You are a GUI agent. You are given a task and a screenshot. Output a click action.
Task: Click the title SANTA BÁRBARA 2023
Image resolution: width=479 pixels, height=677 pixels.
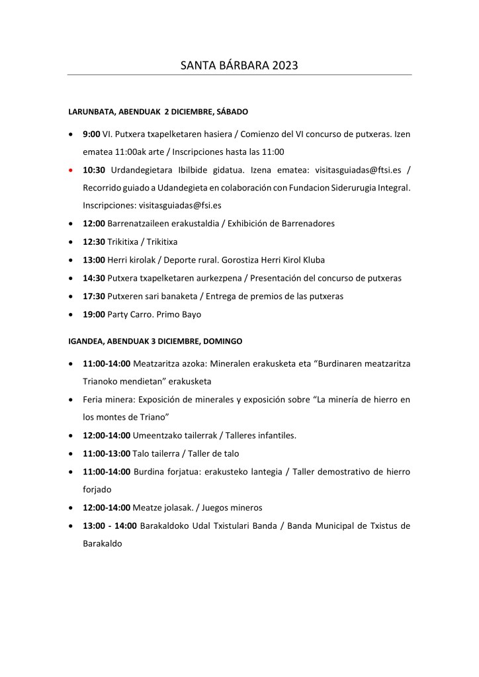239,66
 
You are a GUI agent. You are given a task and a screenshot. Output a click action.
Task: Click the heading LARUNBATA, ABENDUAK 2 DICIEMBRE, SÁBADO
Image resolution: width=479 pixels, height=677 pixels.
158,112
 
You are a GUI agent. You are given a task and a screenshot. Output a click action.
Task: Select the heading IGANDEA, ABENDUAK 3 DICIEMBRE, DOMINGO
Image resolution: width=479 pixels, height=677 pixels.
155,341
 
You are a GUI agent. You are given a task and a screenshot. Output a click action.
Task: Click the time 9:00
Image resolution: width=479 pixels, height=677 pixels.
91,134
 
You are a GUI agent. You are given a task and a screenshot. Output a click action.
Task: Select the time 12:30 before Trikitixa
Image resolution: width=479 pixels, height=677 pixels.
94,242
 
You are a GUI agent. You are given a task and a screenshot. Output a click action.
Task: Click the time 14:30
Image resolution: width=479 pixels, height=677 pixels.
94,277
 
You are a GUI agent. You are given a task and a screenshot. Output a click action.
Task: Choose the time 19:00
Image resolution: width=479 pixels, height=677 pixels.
94,314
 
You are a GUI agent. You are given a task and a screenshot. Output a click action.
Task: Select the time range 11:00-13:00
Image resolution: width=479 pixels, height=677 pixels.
107,453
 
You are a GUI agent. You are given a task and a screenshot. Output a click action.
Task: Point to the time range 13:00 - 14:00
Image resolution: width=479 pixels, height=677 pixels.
110,525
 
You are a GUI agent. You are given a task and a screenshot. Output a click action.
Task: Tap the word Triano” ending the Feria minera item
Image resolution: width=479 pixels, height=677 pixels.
157,418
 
